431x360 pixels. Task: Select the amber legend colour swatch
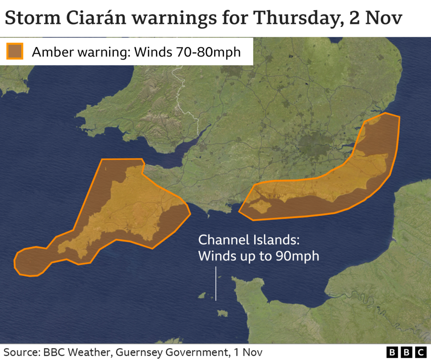[x=15, y=51]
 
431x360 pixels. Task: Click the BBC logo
[x=405, y=352]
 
